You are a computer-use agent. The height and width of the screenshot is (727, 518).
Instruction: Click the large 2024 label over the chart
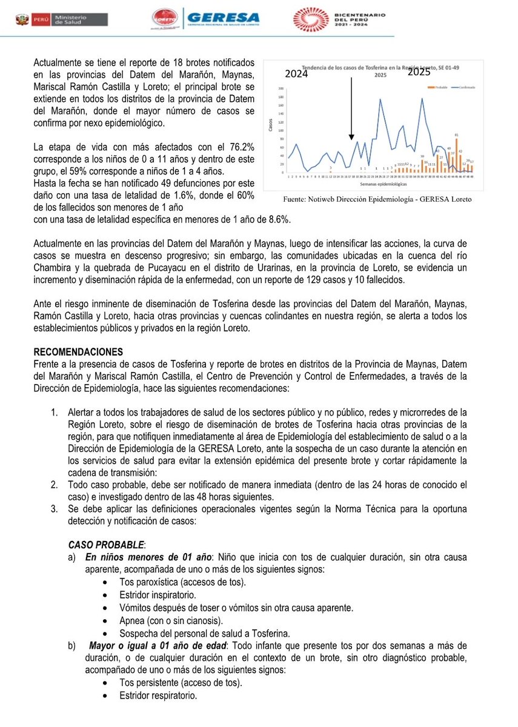coord(296,75)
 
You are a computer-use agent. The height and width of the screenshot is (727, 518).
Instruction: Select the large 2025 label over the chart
coord(418,72)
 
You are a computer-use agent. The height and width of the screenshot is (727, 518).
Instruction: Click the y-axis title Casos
coord(270,126)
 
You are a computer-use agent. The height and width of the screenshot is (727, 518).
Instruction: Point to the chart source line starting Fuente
coord(377,199)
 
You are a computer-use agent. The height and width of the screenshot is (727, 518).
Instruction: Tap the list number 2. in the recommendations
coord(54,485)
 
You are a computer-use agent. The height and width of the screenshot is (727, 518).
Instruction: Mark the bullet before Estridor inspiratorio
coord(106,595)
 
